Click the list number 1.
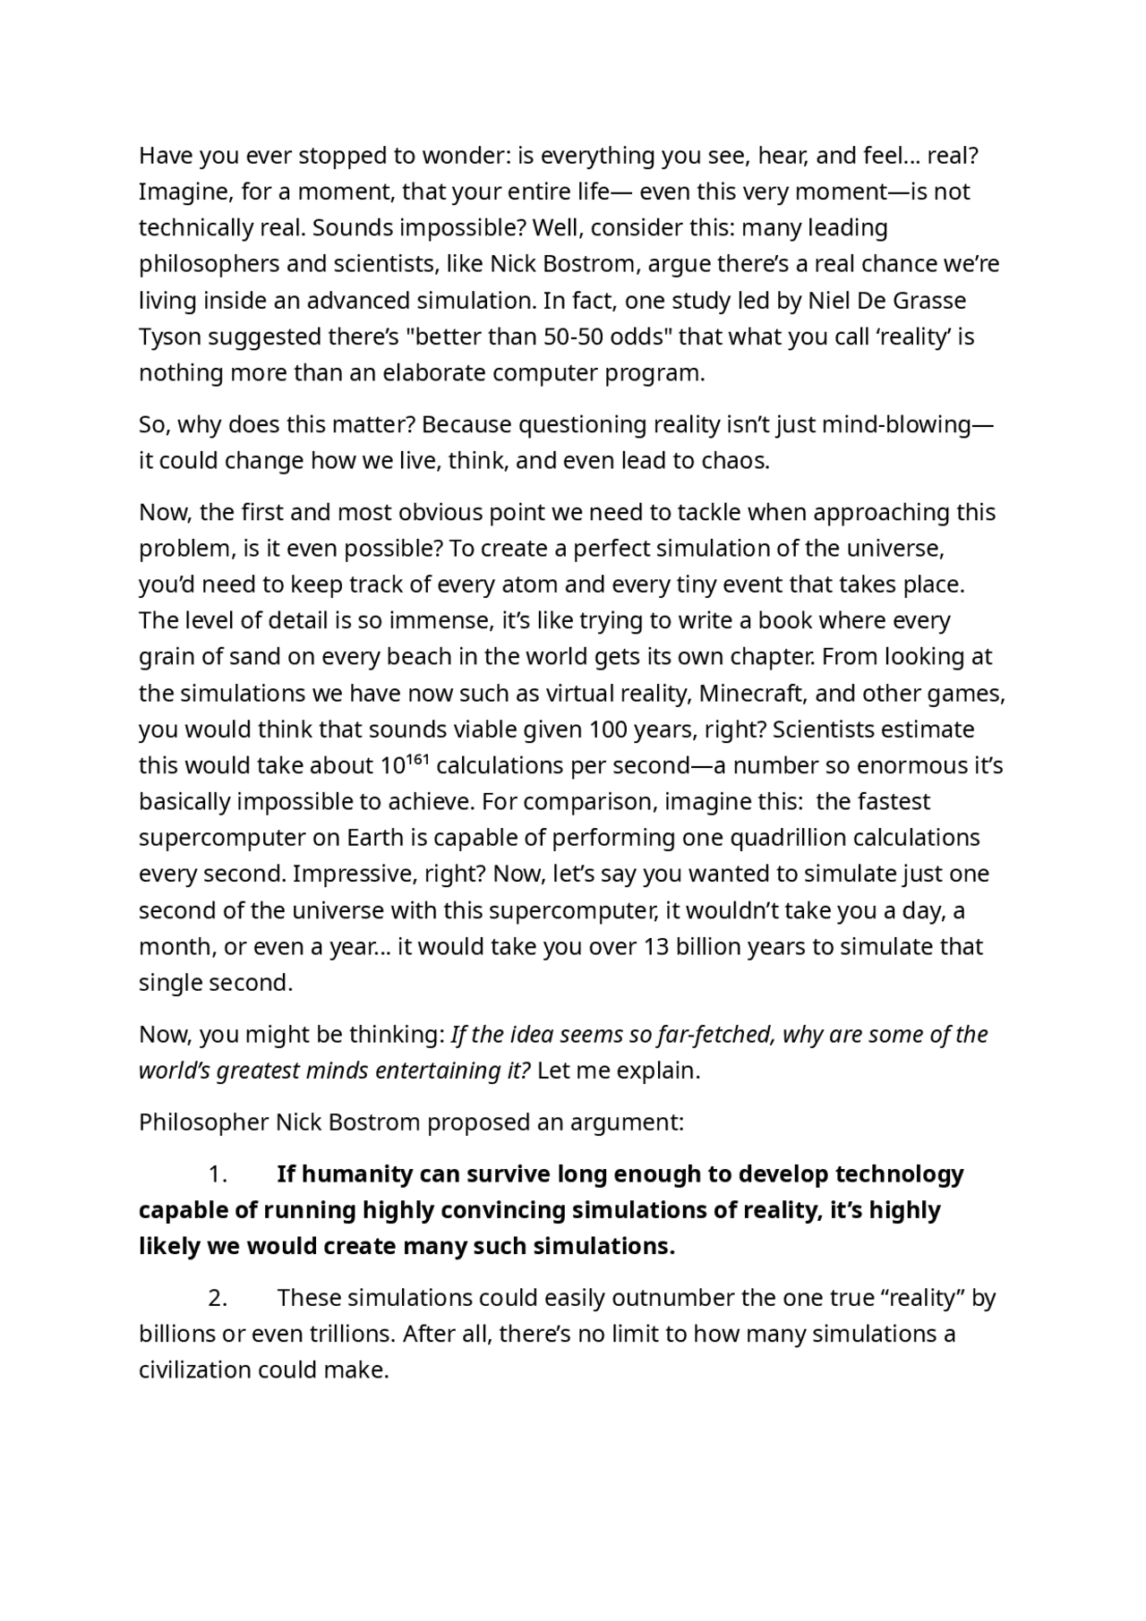click(x=217, y=1174)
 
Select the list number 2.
click(x=217, y=1298)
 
